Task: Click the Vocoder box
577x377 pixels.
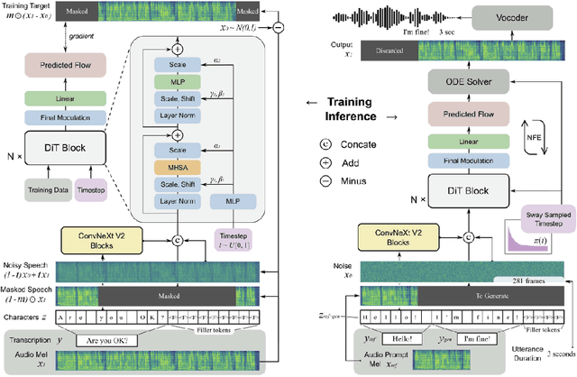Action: click(528, 17)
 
